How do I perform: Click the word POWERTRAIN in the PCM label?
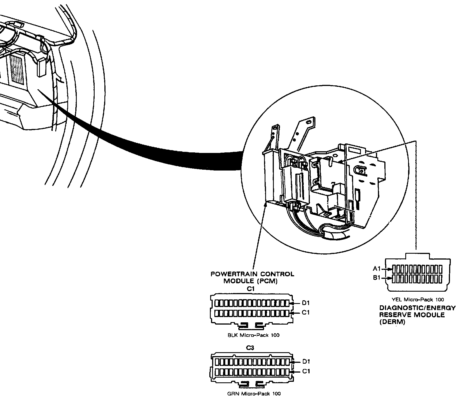tap(233, 274)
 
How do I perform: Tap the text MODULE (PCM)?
tap(250, 281)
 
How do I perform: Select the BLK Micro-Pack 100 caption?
tap(253, 335)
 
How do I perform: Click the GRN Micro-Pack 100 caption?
tap(254, 394)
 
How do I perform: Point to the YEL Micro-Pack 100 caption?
tap(418, 300)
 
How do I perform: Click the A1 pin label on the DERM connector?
tap(377, 269)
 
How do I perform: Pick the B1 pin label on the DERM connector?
tap(377, 278)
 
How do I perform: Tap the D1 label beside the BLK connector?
tap(306, 303)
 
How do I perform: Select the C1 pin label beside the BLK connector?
tap(306, 313)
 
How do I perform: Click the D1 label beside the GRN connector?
tap(306, 362)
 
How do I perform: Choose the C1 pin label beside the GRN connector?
tap(306, 371)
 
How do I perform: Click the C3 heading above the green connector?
tap(250, 348)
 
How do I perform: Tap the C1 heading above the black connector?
tap(250, 289)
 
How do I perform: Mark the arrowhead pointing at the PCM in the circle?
tap(265, 205)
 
